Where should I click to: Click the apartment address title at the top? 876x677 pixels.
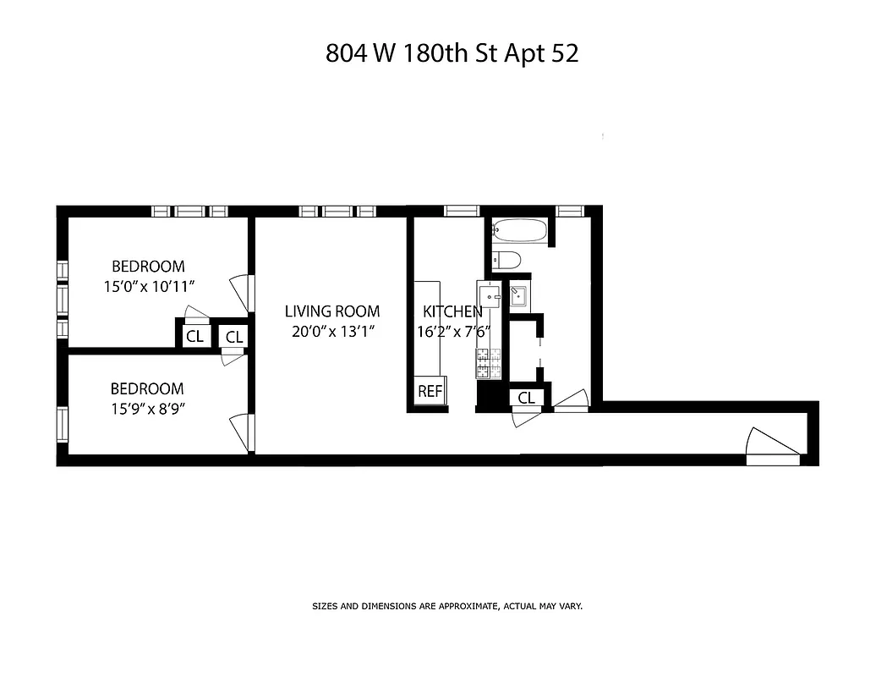tap(452, 53)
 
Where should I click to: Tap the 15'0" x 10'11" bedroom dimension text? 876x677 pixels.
tap(148, 286)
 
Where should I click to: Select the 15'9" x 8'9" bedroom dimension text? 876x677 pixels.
tap(147, 409)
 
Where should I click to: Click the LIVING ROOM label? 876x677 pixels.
tap(331, 311)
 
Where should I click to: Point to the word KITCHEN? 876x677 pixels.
tap(452, 311)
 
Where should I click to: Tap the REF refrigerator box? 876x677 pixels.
tap(430, 392)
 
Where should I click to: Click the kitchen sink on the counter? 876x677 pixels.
tap(490, 296)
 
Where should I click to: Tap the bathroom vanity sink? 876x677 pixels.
tap(517, 296)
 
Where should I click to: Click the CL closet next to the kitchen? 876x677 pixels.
tap(526, 397)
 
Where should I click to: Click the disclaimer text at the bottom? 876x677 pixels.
tap(447, 606)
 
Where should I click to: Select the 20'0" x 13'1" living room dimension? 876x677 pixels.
tap(331, 332)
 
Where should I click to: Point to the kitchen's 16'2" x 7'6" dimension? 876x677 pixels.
tap(452, 332)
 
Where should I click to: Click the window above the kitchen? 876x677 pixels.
tap(462, 211)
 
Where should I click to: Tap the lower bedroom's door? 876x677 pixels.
tap(242, 432)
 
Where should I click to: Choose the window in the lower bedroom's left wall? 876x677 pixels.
tap(62, 422)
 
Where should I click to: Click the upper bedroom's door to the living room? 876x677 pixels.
tap(243, 292)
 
